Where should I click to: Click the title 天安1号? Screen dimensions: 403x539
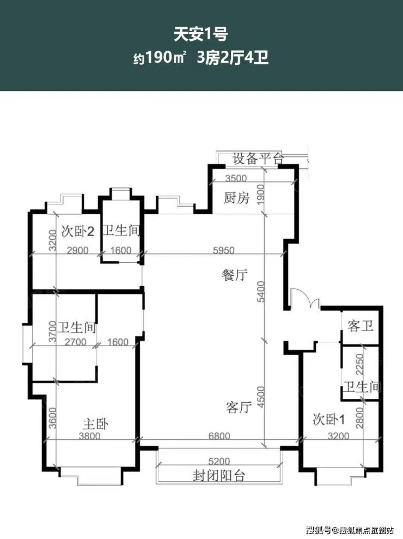200,35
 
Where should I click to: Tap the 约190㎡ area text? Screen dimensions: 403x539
160,57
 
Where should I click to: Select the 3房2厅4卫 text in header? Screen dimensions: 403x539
232,57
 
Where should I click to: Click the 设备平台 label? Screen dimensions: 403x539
258,159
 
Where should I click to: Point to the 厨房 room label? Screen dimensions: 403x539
236,198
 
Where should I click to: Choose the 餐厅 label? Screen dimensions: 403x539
235,275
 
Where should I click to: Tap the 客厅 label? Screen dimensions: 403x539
239,407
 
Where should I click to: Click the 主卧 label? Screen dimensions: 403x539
95,424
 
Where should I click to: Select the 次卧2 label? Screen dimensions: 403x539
78,231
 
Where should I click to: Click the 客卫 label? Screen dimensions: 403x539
360,325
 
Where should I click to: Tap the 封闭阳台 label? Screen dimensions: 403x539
219,476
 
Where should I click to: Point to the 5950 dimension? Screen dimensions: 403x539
224,250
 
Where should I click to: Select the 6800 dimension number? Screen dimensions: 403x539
219,436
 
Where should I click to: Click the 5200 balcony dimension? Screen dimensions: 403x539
219,461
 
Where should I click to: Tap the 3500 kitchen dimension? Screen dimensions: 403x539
236,178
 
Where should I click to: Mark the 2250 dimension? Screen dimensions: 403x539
359,365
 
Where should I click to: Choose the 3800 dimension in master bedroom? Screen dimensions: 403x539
90,436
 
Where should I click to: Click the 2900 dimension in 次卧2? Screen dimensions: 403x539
78,250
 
